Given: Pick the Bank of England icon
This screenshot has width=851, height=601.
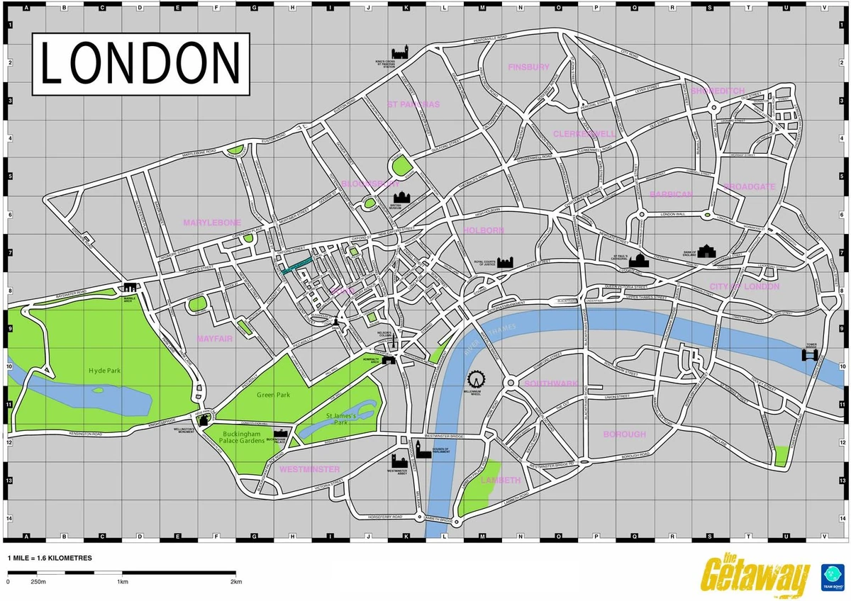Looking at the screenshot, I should pos(707,249).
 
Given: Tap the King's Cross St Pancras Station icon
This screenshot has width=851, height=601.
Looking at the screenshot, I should pos(401,53).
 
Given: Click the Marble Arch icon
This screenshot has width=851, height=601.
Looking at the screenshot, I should pos(130,287).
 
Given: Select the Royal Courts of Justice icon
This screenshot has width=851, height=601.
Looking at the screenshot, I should pos(504,262).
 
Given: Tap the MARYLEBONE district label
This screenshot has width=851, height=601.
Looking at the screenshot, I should pos(212,223).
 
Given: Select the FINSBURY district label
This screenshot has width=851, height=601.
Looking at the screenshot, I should pos(528,67).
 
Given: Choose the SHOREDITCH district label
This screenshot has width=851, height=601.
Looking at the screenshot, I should pos(718,91).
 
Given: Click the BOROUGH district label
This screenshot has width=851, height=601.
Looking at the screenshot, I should pos(624,434).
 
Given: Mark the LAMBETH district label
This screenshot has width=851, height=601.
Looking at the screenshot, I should pos(501,480).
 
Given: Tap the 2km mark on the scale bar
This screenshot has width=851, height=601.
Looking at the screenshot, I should pos(236,582).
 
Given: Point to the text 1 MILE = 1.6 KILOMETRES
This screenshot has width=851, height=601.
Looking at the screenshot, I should pos(50,558).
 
